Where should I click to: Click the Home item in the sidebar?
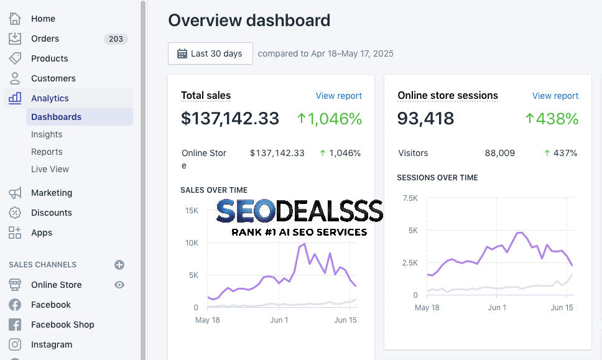pos(43,19)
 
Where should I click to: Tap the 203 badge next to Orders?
pos(116,39)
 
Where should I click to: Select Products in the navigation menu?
pos(50,58)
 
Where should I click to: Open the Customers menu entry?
pos(53,78)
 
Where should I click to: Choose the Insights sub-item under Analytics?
pos(47,134)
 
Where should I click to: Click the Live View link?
pos(50,169)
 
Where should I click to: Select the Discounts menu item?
pos(52,213)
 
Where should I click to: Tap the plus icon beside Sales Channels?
pos(119,265)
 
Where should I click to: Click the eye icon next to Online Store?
pos(119,285)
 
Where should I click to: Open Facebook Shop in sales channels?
pos(63,325)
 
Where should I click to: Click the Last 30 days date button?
pos(210,53)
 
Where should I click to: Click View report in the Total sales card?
pos(338,96)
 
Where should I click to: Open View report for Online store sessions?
pos(555,96)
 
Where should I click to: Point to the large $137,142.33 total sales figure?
pos(230,118)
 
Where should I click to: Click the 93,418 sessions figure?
pos(425,118)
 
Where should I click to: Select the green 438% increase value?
pos(552,119)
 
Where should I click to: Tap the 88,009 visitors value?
pos(499,153)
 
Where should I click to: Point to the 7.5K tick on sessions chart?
pos(410,198)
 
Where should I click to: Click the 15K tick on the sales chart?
pos(192,210)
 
